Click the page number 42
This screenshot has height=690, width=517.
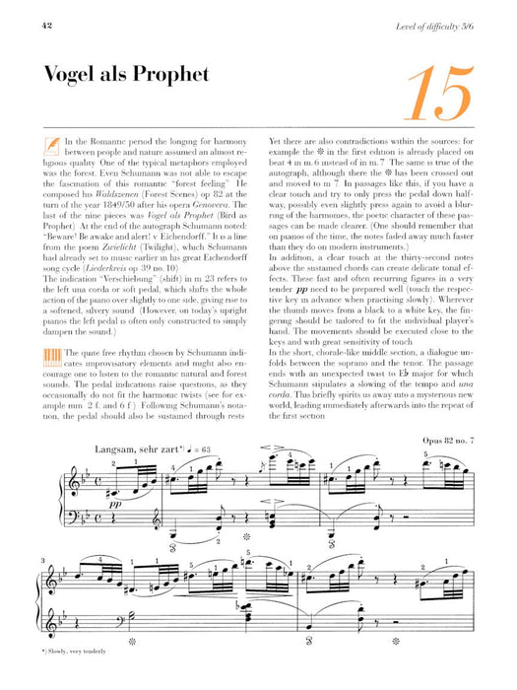(x=21, y=10)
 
